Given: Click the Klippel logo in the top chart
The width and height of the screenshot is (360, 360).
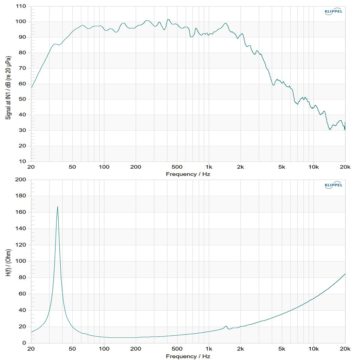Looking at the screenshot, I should [x=333, y=12].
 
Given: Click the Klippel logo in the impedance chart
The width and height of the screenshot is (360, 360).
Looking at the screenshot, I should [x=333, y=185].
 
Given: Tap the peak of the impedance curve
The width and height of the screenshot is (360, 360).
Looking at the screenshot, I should [x=58, y=206].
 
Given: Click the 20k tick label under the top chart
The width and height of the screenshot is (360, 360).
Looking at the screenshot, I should [x=345, y=167].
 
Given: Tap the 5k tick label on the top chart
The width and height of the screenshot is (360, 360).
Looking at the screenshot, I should [x=282, y=167].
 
